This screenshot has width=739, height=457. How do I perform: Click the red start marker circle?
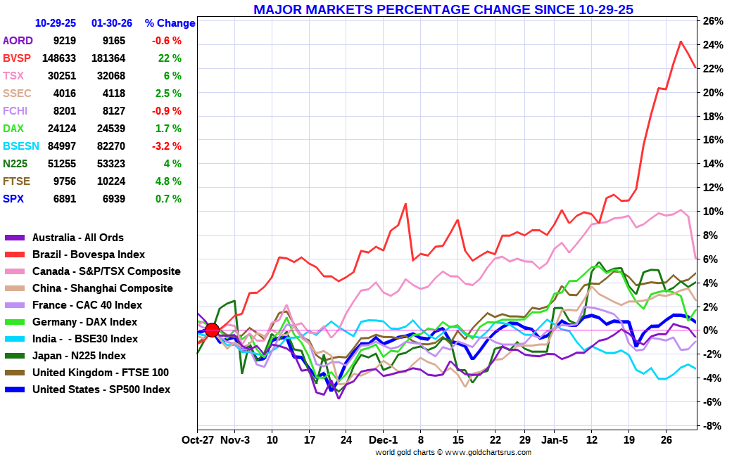(212, 330)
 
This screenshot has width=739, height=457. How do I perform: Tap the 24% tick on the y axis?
(713, 45)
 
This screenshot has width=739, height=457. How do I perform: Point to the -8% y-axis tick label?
(712, 426)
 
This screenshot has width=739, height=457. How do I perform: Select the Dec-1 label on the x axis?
(384, 440)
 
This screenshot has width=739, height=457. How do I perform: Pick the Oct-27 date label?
(198, 440)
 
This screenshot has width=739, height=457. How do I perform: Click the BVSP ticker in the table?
(17, 58)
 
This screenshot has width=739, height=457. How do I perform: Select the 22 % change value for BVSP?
(170, 58)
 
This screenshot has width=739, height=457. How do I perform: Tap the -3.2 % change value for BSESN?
(166, 146)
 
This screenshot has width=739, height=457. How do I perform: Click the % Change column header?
(170, 23)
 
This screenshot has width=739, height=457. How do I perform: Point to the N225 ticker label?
(16, 164)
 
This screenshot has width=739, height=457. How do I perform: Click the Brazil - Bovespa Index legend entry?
(89, 255)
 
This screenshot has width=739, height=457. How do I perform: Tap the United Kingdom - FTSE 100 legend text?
(100, 373)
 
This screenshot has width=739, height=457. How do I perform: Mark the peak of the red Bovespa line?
(681, 41)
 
